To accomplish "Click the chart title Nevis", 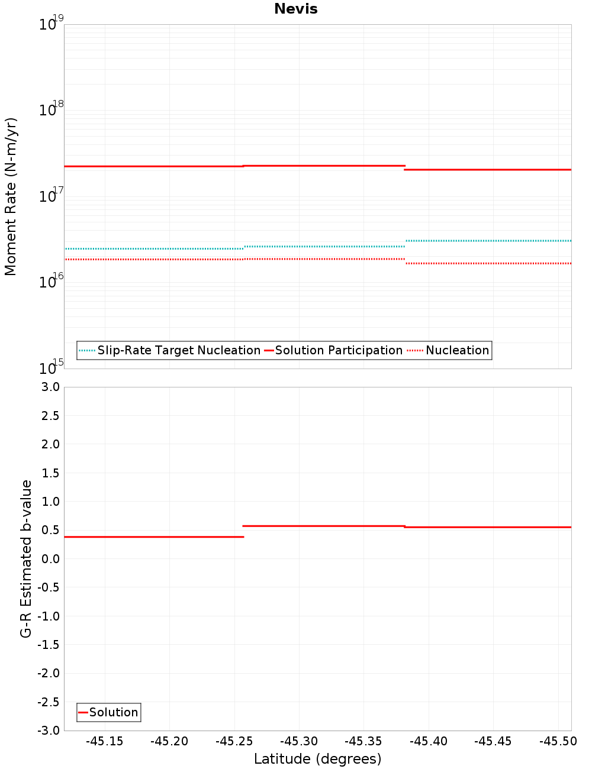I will coord(295,9).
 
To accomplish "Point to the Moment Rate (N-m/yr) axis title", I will coord(11,196).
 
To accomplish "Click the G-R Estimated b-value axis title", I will coord(26,558).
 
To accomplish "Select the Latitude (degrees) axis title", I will coord(317,759).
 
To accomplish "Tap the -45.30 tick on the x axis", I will coord(299,741).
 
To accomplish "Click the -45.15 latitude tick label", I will coord(105,741).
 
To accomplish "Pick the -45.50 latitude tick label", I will coord(558,741).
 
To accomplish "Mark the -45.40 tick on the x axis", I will coord(429,741).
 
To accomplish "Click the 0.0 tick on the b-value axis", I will coord(50,558).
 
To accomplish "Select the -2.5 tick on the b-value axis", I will coord(49,702).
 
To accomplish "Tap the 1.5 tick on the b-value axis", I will coord(50,473).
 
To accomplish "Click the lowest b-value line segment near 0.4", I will coord(154,537).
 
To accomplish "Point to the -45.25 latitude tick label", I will coord(234,741).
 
